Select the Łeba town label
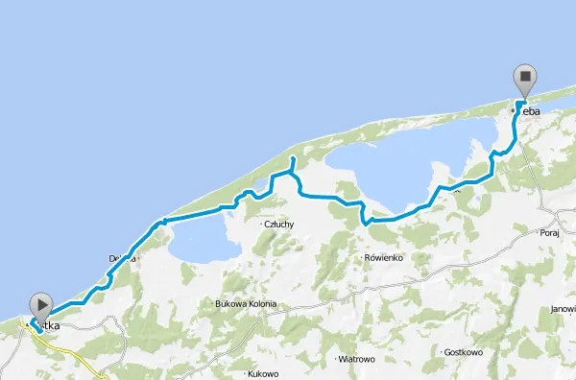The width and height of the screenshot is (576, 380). [x=529, y=112]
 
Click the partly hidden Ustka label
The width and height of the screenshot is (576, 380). [x=48, y=327]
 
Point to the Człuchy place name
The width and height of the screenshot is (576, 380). [x=277, y=225]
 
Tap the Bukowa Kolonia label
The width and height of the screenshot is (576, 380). [x=246, y=304]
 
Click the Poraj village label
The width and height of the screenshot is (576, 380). [x=550, y=231]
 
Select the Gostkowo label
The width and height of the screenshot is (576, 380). [x=464, y=353]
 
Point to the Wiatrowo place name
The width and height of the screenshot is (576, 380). [x=356, y=359]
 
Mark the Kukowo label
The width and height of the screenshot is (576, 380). [x=262, y=373]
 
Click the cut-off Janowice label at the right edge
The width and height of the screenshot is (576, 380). [x=564, y=309]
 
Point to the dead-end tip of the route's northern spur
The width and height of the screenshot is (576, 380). [x=293, y=157]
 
